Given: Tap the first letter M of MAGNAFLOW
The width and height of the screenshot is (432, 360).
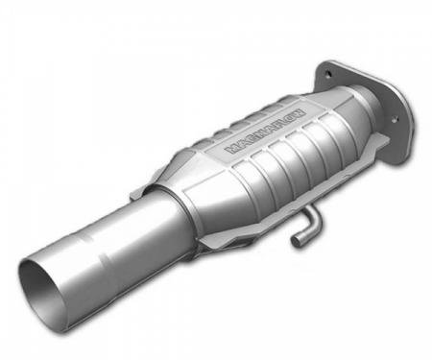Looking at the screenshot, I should pos(231,152).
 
